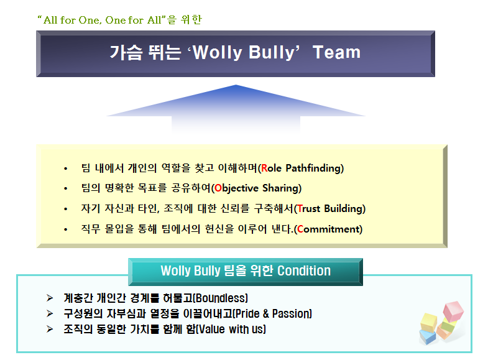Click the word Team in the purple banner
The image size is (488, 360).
point(336,52)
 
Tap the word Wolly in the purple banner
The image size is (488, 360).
point(217,52)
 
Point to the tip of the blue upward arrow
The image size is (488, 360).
point(236,85)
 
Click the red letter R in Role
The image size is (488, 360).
point(264,168)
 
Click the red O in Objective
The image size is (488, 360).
point(218,188)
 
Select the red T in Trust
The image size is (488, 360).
point(300,208)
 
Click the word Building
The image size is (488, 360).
point(343,208)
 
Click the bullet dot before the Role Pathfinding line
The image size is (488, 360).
point(65,169)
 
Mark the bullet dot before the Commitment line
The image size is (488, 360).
point(65,230)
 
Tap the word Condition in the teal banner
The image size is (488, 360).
point(304,270)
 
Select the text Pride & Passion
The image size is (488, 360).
point(272,313)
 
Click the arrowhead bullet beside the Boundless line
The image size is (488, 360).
point(50,298)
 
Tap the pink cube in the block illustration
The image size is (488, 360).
point(453,310)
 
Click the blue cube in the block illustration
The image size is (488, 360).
point(428,336)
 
